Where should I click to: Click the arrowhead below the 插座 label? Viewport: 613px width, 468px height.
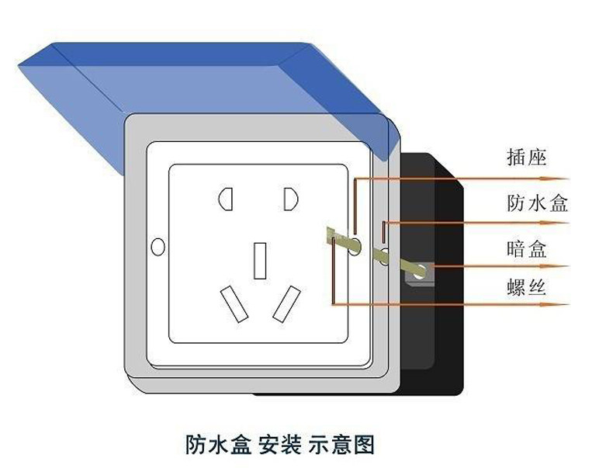[x=562, y=179]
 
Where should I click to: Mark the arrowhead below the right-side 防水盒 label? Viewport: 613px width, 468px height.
[x=562, y=224]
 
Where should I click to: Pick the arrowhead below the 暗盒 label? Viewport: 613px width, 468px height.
[x=562, y=268]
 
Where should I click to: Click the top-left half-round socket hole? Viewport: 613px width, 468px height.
[x=227, y=200]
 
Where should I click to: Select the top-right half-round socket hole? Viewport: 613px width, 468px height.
[x=291, y=200]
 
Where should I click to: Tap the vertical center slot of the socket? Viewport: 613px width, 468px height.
[x=260, y=260]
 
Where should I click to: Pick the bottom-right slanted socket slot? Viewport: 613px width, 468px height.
[x=286, y=304]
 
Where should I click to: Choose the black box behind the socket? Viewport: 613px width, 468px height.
[x=442, y=326]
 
